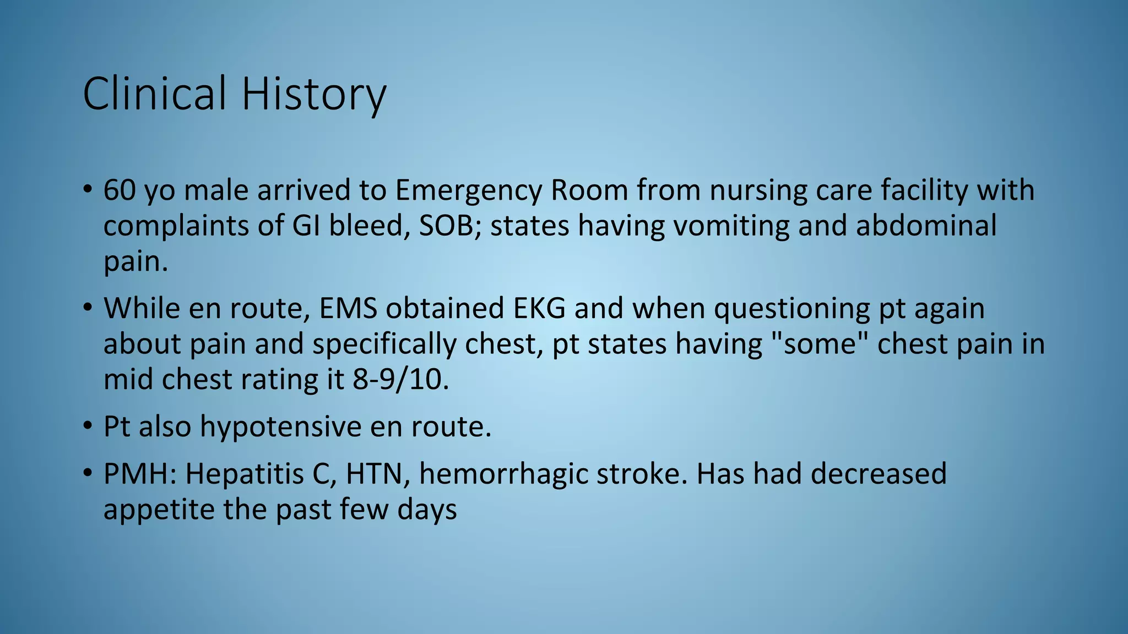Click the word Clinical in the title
tap(155, 94)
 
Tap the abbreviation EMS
tap(348, 308)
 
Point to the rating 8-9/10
tap(400, 380)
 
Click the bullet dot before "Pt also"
tap(88, 427)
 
